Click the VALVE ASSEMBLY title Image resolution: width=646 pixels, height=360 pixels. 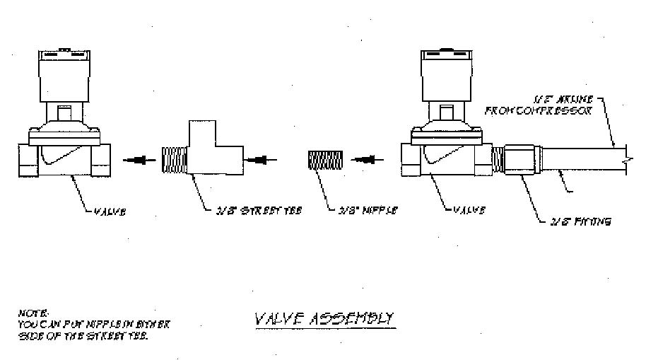tap(324, 319)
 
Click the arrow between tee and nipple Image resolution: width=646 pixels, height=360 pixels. tap(257, 160)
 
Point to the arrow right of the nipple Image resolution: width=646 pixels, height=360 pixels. tap(365, 160)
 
